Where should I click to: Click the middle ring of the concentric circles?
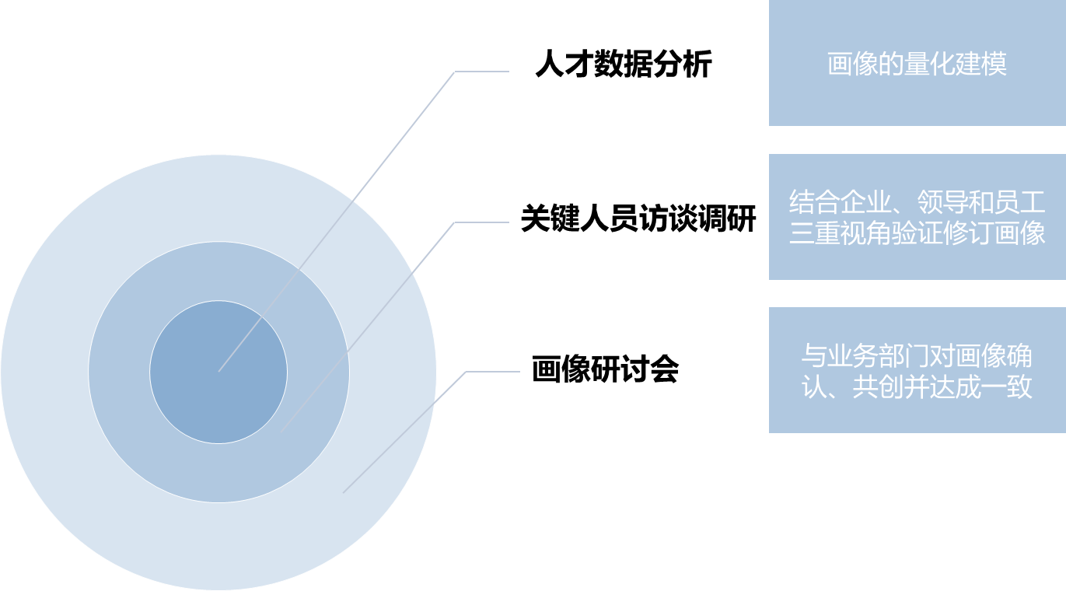tap(124, 404)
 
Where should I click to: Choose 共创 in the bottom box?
tap(878, 386)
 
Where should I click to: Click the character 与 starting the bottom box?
tap(813, 356)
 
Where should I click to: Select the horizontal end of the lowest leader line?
tap(518, 372)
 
